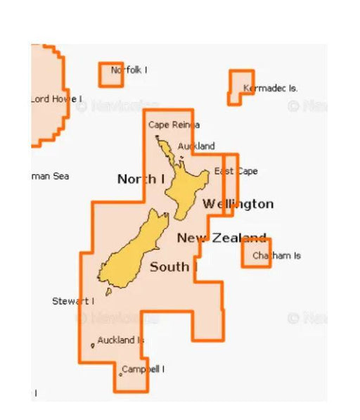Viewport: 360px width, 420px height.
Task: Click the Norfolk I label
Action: (x=129, y=70)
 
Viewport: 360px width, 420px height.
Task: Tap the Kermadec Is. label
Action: (x=270, y=89)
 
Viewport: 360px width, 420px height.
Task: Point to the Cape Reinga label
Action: (x=174, y=125)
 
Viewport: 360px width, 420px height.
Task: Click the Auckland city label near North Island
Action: (x=196, y=146)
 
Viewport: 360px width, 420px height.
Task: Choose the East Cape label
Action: (x=236, y=171)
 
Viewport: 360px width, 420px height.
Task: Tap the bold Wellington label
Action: (x=238, y=204)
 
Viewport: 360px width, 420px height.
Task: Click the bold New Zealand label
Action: (x=221, y=238)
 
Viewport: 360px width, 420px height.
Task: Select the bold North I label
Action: (x=141, y=179)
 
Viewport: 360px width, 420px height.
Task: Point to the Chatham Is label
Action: (x=276, y=255)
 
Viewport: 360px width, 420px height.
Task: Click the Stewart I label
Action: (x=73, y=301)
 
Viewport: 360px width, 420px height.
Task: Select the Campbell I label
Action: (x=143, y=369)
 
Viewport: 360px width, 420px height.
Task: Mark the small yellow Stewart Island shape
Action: (x=108, y=291)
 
